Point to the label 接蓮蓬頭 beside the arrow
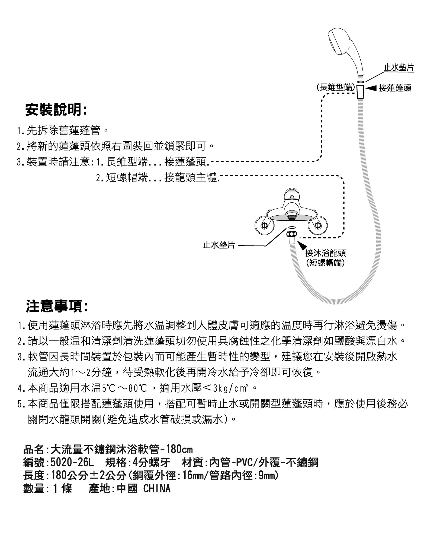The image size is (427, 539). [395, 88]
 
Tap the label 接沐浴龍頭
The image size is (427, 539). [325, 253]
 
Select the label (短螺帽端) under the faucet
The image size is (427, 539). [325, 263]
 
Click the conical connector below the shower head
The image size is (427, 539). [360, 91]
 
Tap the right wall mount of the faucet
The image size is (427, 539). [318, 225]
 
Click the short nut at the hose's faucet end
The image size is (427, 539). [291, 234]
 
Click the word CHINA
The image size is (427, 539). [157, 489]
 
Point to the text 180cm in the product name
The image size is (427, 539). [179, 449]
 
